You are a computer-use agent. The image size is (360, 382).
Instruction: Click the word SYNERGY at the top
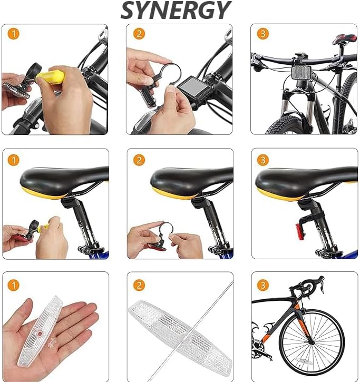pyautogui.click(x=176, y=10)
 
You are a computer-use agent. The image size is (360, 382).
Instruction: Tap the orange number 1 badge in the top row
pyautogui.click(x=14, y=34)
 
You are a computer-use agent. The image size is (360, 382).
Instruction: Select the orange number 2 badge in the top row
pyautogui.click(x=139, y=34)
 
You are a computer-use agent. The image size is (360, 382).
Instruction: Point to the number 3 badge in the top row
pyautogui.click(x=263, y=34)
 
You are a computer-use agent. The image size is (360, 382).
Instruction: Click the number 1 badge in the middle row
pyautogui.click(x=14, y=160)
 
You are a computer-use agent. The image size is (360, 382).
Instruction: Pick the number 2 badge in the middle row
pyautogui.click(x=139, y=160)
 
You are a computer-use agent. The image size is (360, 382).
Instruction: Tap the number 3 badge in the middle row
pyautogui.click(x=263, y=160)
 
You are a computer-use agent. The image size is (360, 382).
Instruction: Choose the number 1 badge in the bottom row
pyautogui.click(x=14, y=285)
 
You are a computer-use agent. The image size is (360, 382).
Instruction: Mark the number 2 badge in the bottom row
pyautogui.click(x=139, y=285)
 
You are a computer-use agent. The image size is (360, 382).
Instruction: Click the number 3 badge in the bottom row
pyautogui.click(x=263, y=285)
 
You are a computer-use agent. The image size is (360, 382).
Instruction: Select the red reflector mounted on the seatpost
pyautogui.click(x=298, y=231)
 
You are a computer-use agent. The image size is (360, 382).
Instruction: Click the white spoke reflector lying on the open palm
pyautogui.click(x=40, y=332)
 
